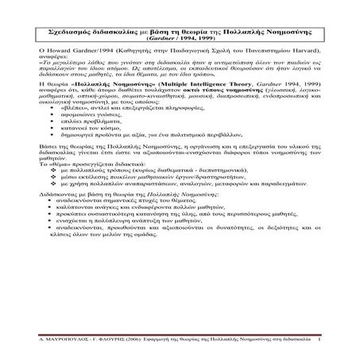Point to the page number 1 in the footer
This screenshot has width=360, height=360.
319,340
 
